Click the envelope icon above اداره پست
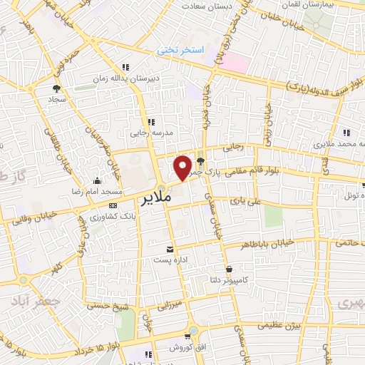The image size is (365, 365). pos(170,249)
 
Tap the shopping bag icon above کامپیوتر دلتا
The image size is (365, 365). pos(229,269)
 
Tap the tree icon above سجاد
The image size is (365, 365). pos(55,88)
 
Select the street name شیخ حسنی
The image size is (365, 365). pos(105,305)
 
